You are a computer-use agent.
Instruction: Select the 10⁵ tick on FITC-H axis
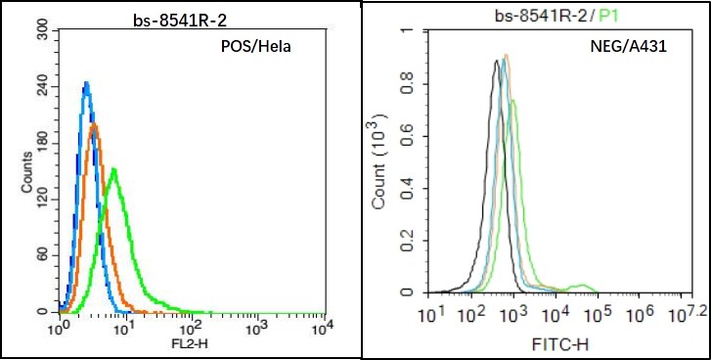(598, 314)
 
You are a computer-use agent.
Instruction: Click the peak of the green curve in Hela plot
(114, 170)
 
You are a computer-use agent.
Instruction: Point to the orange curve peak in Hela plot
(93, 125)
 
